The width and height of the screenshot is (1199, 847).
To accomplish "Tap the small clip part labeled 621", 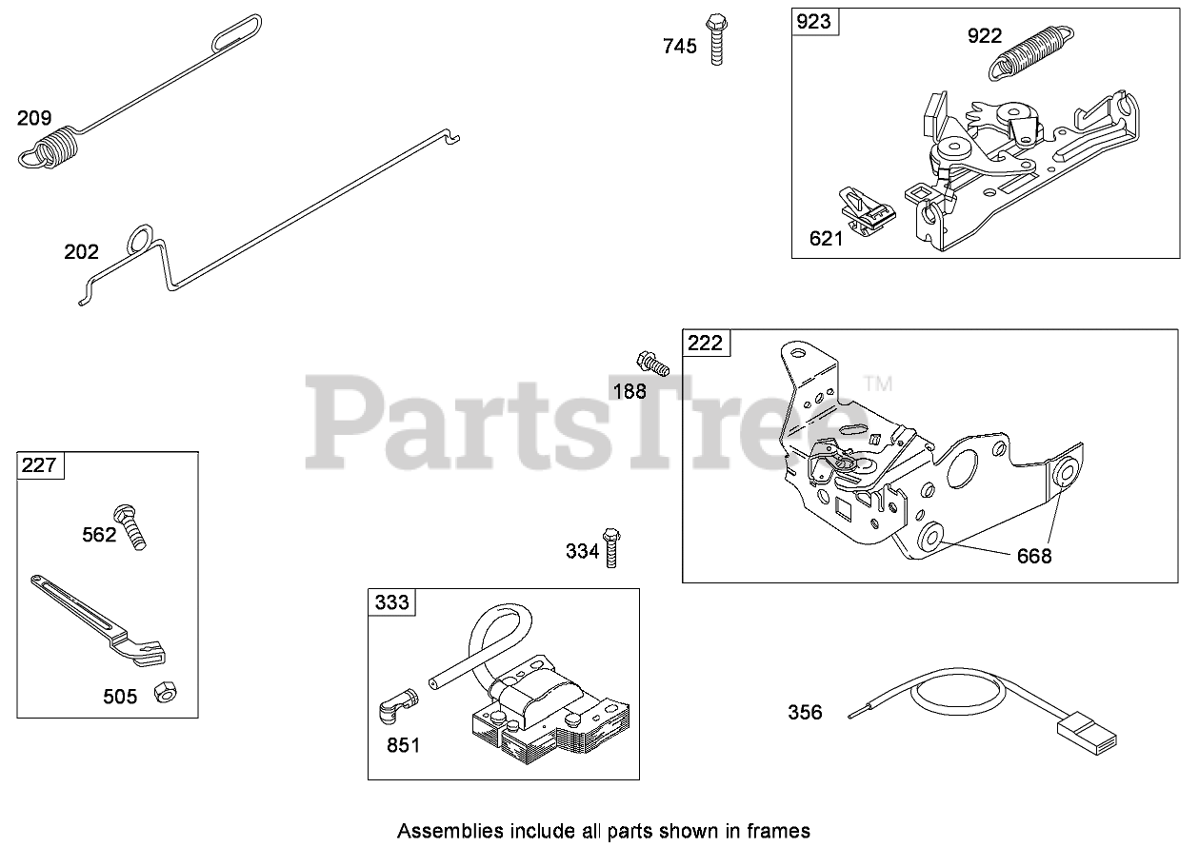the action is click(868, 210).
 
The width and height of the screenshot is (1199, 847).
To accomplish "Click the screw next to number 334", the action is click(612, 546).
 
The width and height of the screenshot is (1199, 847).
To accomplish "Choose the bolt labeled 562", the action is click(131, 525).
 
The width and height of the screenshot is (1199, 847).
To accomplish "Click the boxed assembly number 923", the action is click(814, 22).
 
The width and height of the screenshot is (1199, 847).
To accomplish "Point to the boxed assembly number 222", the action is click(706, 343).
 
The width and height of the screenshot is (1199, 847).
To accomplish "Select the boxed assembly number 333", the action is click(391, 601).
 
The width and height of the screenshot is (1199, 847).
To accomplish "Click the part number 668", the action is click(1034, 556).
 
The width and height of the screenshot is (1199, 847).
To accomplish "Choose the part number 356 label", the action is click(805, 712).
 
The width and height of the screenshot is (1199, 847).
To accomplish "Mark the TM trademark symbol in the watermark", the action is click(877, 384).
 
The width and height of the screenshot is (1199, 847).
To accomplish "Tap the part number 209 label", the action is click(33, 119).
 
